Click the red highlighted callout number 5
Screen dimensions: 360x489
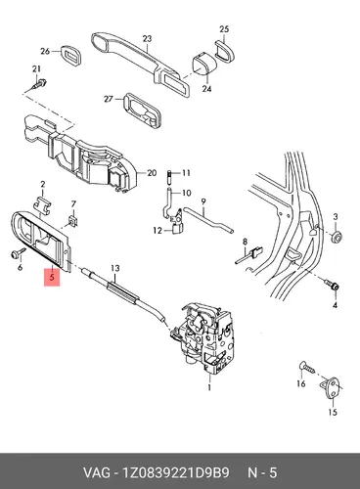coord(52,278)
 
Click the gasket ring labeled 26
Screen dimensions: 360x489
coord(70,56)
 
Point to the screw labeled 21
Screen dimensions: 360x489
coord(39,84)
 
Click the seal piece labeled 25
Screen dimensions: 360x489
coord(225,51)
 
